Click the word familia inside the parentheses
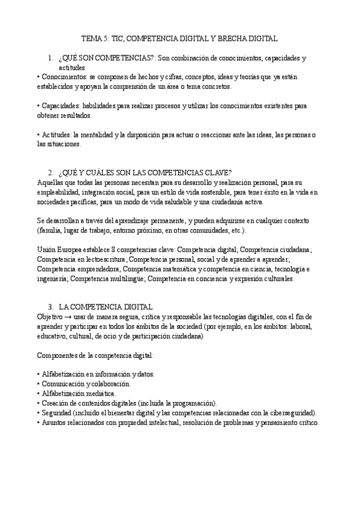coord(50,230)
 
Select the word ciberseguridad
coord(294,412)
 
